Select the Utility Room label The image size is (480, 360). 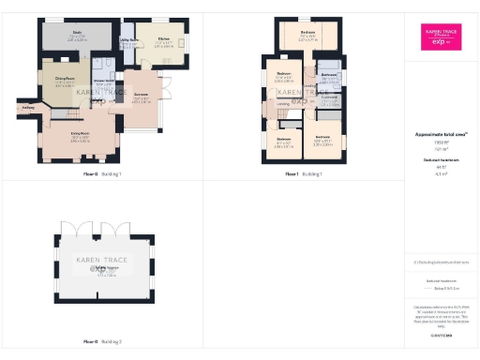[130, 40]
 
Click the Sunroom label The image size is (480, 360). [141, 97]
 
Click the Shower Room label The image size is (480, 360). [104, 82]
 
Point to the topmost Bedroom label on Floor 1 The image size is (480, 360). [307, 34]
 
